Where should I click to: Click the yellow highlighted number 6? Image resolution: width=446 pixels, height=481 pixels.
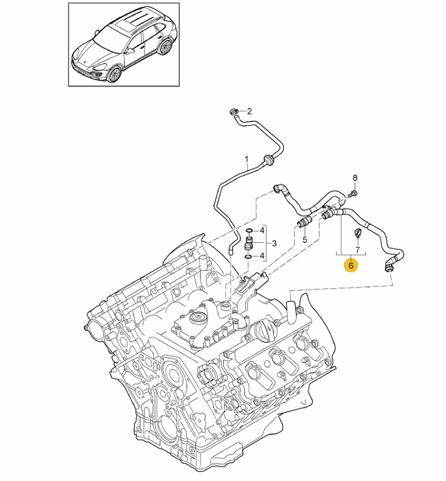tap(350, 265)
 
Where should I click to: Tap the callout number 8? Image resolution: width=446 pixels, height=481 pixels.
tap(355, 177)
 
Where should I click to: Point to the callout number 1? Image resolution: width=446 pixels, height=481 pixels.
tap(246, 160)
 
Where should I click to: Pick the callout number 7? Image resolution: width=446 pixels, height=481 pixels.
tap(358, 250)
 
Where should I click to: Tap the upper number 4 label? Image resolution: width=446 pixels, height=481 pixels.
tap(263, 230)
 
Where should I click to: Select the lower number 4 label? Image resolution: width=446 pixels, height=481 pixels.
tap(263, 255)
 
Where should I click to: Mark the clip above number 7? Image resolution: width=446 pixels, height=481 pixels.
tap(357, 233)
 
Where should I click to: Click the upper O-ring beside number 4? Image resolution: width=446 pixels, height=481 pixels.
tap(249, 231)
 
